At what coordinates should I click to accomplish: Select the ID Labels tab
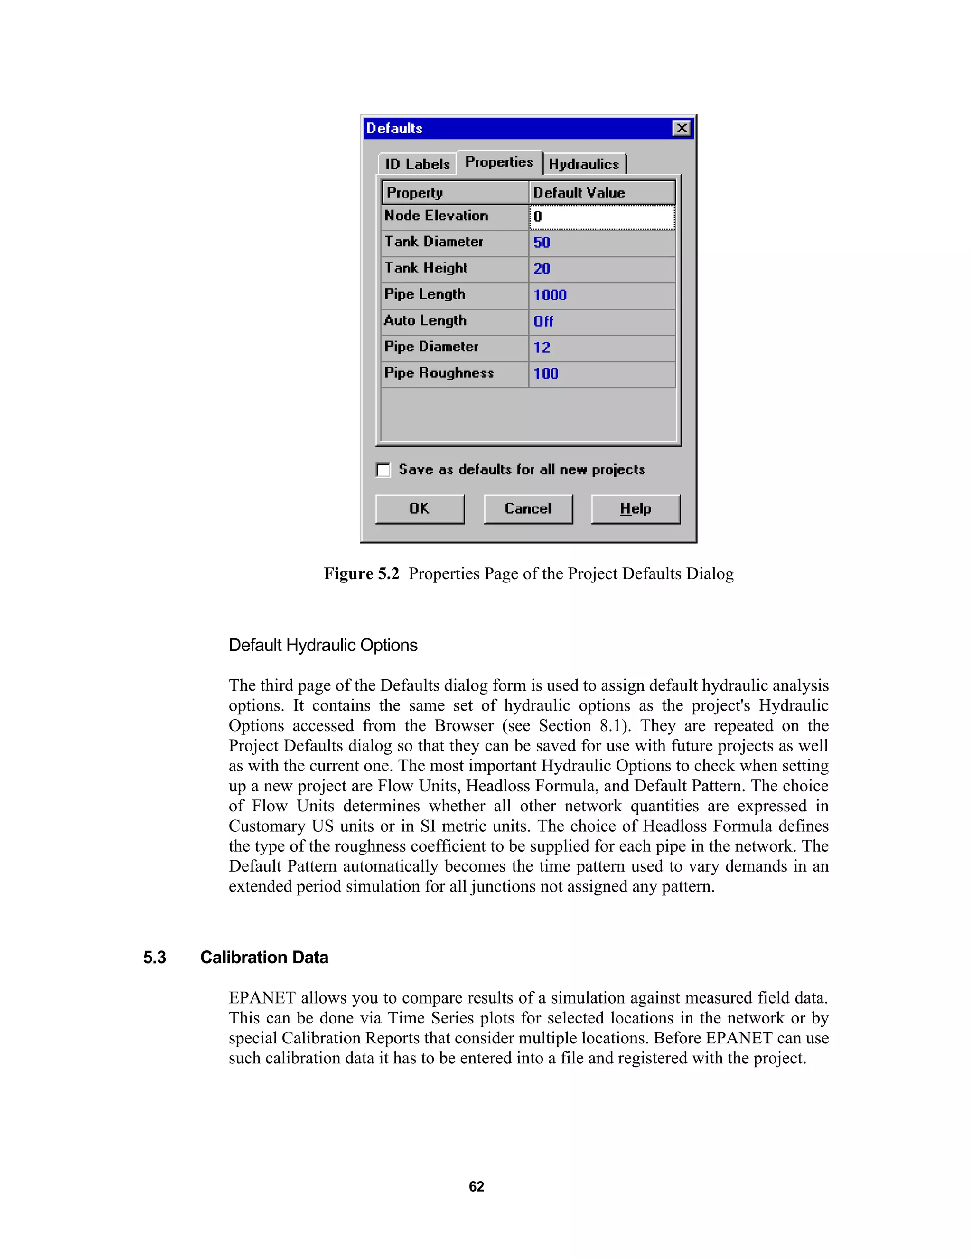[417, 164]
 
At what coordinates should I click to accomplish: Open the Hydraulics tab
[583, 164]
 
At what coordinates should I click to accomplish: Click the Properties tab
[499, 162]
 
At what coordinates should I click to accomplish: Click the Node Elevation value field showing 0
[601, 217]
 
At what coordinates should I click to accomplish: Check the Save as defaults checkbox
[383, 469]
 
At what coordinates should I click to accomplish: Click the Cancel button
[528, 508]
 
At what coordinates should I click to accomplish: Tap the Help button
[635, 508]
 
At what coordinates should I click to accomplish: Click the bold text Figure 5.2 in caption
[361, 574]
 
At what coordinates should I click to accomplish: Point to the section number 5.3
[154, 958]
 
